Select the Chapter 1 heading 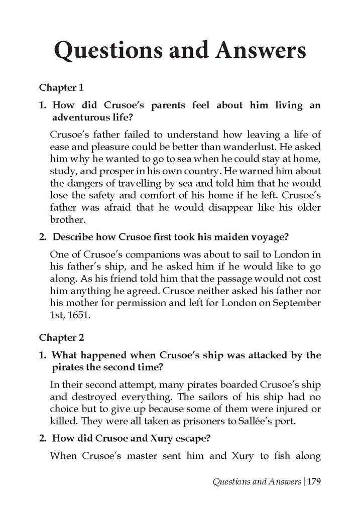(61, 87)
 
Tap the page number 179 (311, 482)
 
